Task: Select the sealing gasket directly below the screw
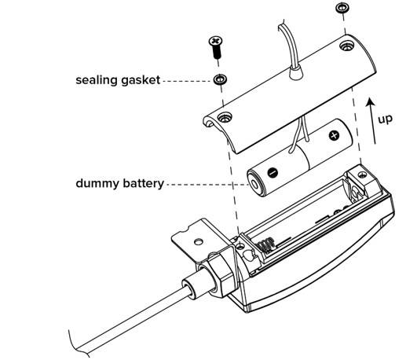(x=219, y=79)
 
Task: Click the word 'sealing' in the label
(x=96, y=79)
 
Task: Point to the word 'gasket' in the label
(x=141, y=79)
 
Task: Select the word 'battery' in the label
(x=142, y=183)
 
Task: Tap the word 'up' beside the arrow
(x=385, y=119)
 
